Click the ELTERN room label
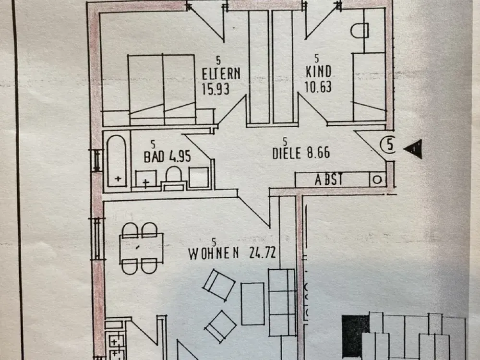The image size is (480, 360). [221, 74]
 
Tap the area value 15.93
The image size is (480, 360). [216, 89]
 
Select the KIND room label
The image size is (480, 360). [318, 72]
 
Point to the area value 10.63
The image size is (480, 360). [318, 86]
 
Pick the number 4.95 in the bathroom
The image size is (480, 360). [180, 157]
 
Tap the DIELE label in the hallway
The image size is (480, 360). [287, 153]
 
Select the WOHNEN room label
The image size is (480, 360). [214, 254]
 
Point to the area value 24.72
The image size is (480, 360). [263, 253]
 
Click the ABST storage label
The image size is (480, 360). [329, 180]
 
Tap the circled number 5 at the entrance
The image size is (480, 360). [388, 145]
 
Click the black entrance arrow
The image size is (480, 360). [414, 149]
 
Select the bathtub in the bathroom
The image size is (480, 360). [117, 161]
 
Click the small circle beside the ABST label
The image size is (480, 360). [377, 180]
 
